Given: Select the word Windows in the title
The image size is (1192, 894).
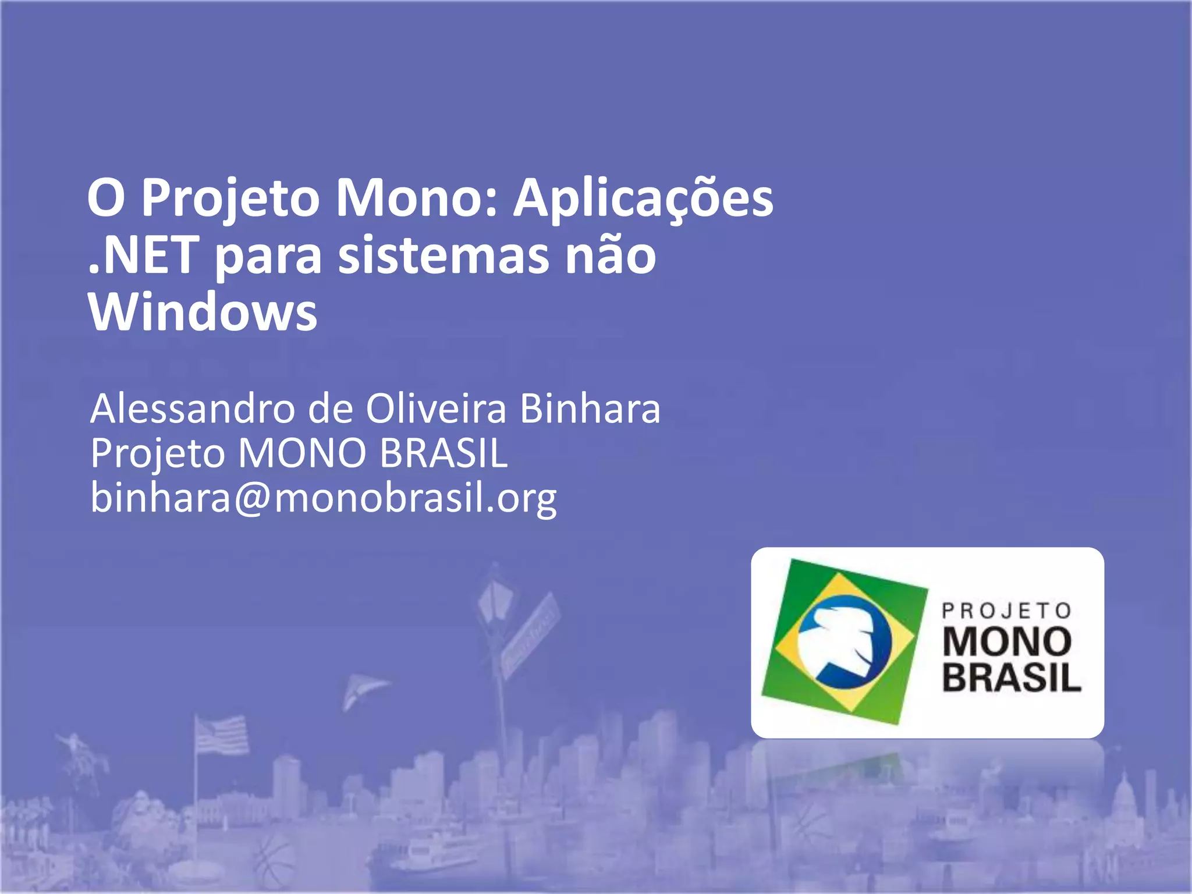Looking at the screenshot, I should pyautogui.click(x=203, y=312).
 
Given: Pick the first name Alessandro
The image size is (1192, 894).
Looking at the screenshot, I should pyautogui.click(x=193, y=409).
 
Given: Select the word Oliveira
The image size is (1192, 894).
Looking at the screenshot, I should pyautogui.click(x=436, y=409).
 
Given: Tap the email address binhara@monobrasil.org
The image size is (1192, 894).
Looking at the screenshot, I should pyautogui.click(x=324, y=498).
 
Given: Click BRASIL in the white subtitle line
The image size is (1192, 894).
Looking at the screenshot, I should pyautogui.click(x=444, y=453).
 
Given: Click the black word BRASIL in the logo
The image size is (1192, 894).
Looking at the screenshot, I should pyautogui.click(x=1012, y=677).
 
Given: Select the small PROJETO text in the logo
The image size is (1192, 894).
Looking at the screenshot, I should pyautogui.click(x=1007, y=611).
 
